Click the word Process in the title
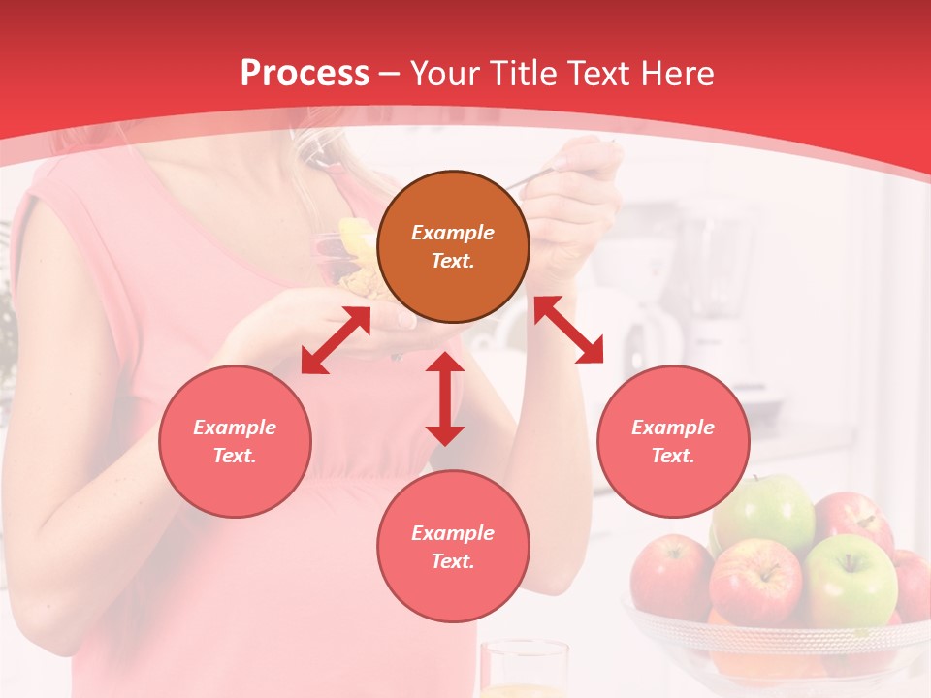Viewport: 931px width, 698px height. [305, 74]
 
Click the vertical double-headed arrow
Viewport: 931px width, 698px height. [445, 398]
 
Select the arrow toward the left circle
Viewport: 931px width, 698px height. [336, 340]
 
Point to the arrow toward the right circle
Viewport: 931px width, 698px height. [568, 330]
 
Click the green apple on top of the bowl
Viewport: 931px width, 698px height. [766, 514]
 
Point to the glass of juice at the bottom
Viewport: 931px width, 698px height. [524, 671]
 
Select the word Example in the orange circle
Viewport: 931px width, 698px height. [453, 233]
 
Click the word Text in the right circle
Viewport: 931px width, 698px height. [673, 456]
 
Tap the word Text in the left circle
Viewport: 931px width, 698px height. [235, 456]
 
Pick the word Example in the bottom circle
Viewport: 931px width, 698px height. [453, 533]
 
